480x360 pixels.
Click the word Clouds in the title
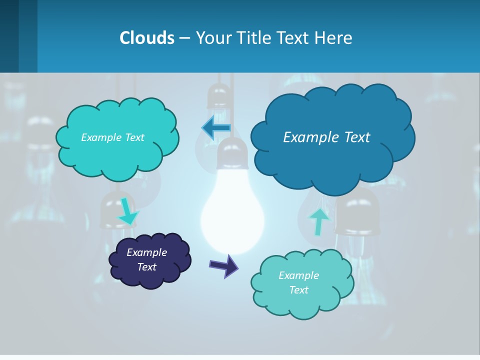tap(146, 37)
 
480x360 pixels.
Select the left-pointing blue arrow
tap(216, 128)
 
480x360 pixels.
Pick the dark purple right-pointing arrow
tap(224, 265)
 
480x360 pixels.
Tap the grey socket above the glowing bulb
tap(232, 154)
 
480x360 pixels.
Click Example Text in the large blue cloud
tap(326, 137)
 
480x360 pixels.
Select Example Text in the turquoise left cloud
tap(112, 137)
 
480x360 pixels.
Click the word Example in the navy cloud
tap(146, 252)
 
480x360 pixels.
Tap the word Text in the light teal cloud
tap(298, 290)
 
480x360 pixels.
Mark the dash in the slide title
tap(184, 37)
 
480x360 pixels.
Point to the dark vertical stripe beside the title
tap(28, 36)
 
